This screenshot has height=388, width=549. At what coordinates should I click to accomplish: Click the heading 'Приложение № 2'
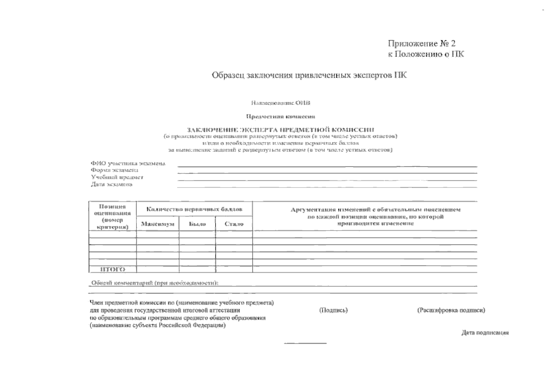(x=421, y=44)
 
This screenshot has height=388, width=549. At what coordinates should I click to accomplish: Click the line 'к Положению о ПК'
(x=426, y=54)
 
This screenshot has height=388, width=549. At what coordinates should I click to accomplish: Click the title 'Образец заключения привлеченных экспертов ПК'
(x=309, y=75)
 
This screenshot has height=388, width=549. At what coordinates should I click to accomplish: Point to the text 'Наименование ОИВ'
(x=280, y=103)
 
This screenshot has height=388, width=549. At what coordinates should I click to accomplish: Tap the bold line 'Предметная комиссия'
(x=280, y=116)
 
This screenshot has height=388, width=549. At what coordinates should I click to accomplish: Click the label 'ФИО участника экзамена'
(x=128, y=164)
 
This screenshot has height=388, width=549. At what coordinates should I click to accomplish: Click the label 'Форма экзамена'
(x=115, y=170)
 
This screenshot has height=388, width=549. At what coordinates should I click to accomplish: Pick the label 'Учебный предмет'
(x=117, y=177)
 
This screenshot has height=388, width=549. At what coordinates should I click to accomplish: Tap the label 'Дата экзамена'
(x=112, y=184)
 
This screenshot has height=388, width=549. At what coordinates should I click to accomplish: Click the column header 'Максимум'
(x=158, y=224)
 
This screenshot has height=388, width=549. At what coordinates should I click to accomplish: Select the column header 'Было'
(x=197, y=224)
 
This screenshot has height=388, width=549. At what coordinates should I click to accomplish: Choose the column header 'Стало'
(x=234, y=224)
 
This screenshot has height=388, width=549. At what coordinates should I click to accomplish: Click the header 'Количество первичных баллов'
(x=194, y=210)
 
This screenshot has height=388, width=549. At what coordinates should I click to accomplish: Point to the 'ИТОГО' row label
(x=112, y=269)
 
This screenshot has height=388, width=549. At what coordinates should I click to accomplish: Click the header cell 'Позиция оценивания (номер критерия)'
(x=112, y=216)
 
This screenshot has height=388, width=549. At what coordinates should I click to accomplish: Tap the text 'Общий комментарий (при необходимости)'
(x=155, y=283)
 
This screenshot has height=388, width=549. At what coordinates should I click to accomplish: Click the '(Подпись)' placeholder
(x=333, y=310)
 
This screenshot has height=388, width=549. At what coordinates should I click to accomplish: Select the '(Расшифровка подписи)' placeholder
(x=451, y=310)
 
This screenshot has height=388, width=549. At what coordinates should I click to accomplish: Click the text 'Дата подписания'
(x=485, y=333)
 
